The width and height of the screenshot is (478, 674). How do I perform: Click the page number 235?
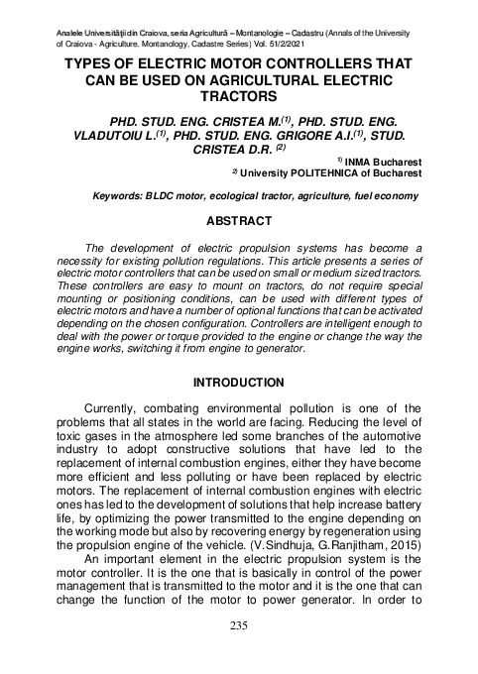tap(238, 625)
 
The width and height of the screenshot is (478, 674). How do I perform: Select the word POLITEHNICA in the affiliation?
tap(345, 170)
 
